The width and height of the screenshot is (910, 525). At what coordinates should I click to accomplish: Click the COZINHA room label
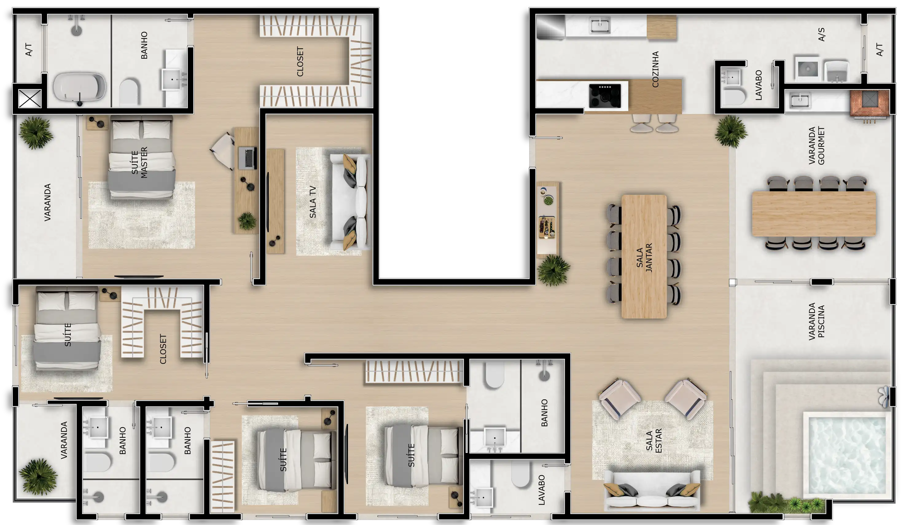(x=655, y=69)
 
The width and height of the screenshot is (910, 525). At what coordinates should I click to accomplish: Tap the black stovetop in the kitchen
(x=605, y=96)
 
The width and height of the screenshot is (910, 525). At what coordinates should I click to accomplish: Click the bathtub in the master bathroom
(x=80, y=88)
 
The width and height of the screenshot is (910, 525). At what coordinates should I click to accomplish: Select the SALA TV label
(x=312, y=202)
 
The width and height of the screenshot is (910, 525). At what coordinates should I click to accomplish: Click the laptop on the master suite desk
(x=248, y=158)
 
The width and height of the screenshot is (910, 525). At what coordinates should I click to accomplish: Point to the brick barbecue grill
(x=870, y=104)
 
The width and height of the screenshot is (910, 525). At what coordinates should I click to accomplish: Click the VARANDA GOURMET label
(x=816, y=145)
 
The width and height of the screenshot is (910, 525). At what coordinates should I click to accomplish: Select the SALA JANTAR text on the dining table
(x=644, y=257)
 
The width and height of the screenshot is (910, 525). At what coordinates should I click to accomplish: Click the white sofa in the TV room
(x=350, y=202)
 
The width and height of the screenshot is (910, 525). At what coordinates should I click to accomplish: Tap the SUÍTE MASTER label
(x=139, y=162)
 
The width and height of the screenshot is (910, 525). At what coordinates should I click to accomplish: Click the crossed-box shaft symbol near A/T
(x=29, y=98)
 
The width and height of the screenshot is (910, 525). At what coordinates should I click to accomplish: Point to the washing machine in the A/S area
(x=808, y=69)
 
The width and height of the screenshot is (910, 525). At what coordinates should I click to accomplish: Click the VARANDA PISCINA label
(x=816, y=321)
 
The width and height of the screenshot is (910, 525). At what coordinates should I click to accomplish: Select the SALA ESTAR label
(x=653, y=441)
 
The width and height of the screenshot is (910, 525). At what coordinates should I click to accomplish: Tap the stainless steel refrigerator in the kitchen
(x=550, y=27)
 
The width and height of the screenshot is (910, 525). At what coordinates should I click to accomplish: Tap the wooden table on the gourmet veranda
(x=814, y=214)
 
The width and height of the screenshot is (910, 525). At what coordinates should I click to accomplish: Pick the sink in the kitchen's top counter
(x=600, y=25)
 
